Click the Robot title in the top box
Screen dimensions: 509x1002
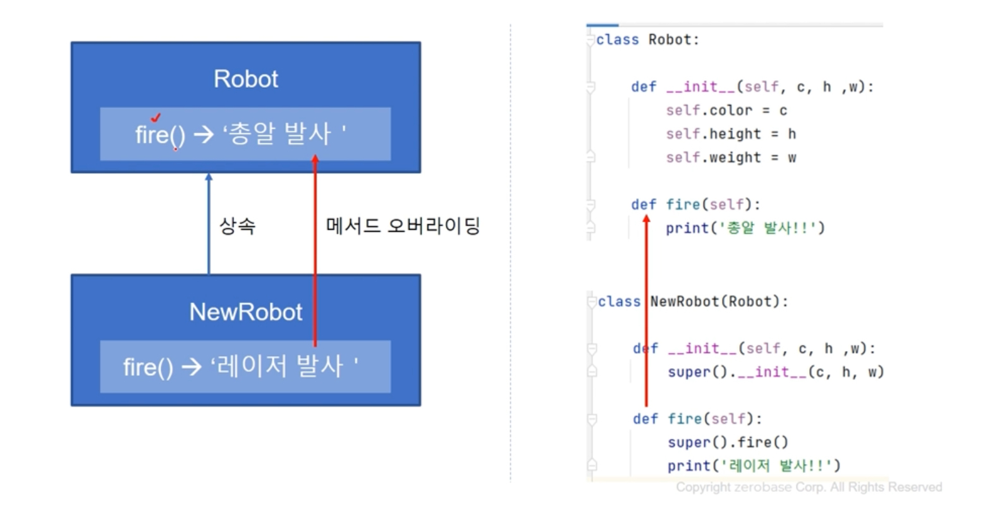coord(245,79)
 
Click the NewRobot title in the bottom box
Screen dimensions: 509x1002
coord(245,312)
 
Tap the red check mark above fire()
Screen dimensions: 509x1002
coord(156,117)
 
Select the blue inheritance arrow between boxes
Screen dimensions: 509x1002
coord(209,224)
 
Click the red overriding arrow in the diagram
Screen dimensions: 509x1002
coord(315,253)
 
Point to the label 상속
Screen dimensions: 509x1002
coord(237,225)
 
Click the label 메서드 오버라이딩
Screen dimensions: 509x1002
coord(403,225)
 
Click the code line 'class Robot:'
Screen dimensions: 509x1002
coord(647,40)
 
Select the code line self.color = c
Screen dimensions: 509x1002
coord(726,111)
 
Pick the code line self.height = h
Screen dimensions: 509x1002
coord(730,134)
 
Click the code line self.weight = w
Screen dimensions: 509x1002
coord(730,157)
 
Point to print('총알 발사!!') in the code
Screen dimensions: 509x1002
coord(745,228)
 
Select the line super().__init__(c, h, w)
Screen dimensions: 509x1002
coord(775,372)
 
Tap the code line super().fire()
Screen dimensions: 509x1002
coord(728,442)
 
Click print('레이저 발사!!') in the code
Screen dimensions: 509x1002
coord(754,465)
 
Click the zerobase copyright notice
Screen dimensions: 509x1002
coord(809,487)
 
